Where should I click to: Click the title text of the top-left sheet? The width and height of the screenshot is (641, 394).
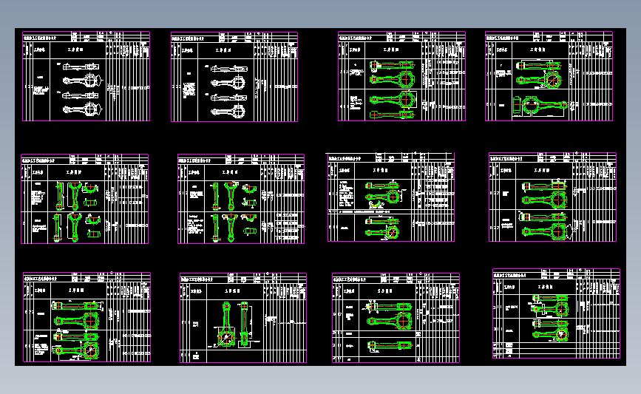(x=47, y=35)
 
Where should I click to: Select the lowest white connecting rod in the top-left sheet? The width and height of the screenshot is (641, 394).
(x=80, y=109)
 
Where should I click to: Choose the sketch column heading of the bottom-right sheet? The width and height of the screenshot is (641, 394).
(x=547, y=285)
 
